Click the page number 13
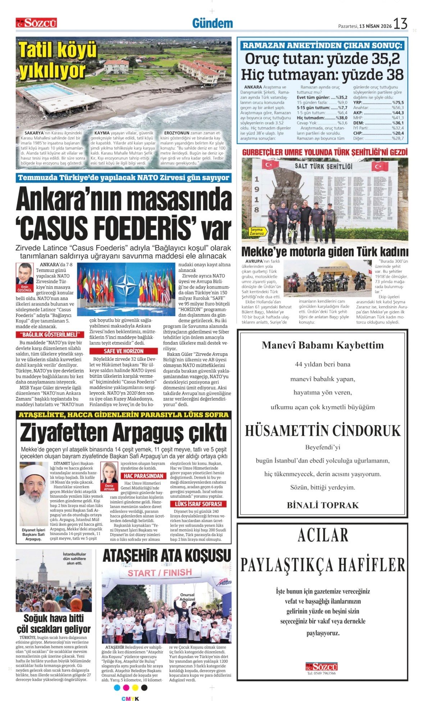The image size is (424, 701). pyautogui.click(x=400, y=24)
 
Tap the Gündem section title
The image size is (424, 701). pyautogui.click(x=212, y=23)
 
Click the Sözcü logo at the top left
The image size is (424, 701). pyautogui.click(x=36, y=23)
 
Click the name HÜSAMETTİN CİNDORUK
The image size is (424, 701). pyautogui.click(x=323, y=431)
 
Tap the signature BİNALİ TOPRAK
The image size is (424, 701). pyautogui.click(x=323, y=505)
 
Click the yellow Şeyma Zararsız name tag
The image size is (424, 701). pyautogui.click(x=257, y=231)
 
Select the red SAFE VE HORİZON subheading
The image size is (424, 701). pyautogui.click(x=123, y=351)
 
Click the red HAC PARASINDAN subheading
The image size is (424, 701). pyautogui.click(x=143, y=476)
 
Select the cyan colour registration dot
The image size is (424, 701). pyautogui.click(x=117, y=687)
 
